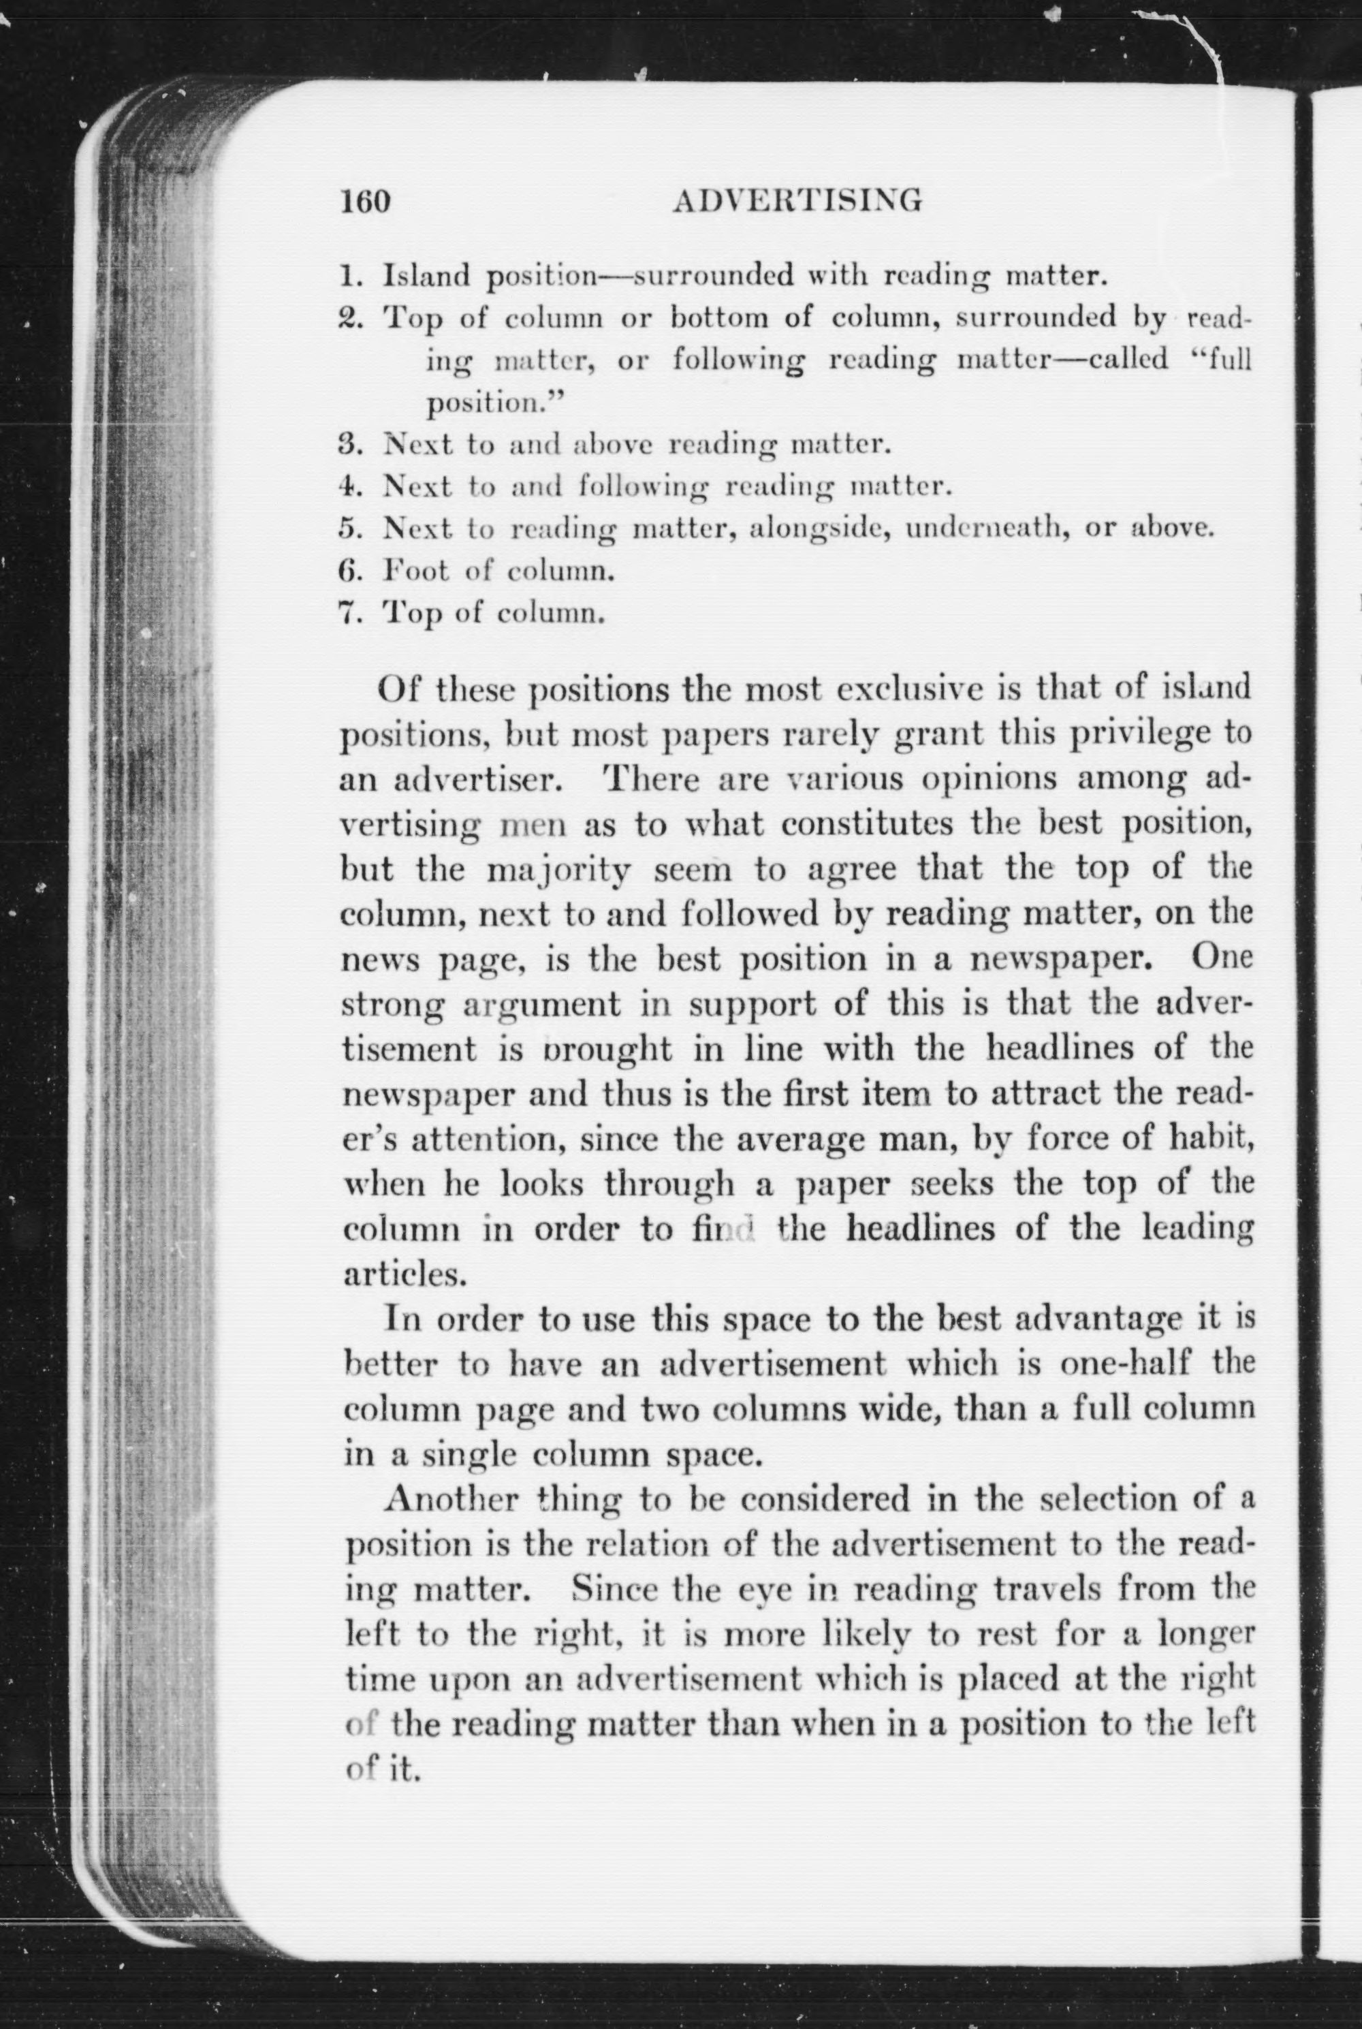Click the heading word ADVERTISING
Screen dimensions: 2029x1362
coord(797,201)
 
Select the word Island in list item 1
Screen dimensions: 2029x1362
coord(426,277)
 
